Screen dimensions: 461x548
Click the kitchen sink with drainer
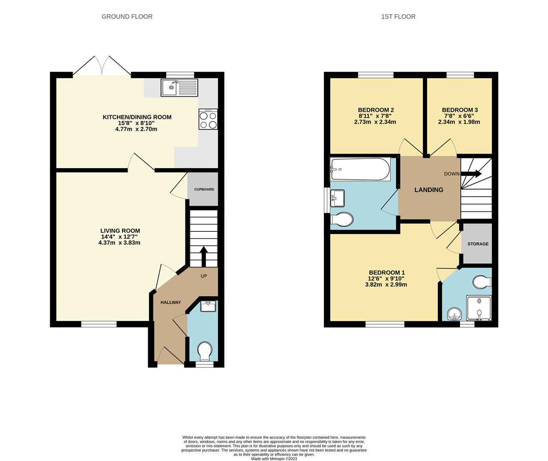(x=179, y=88)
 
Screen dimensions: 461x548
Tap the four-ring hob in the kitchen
(x=208, y=119)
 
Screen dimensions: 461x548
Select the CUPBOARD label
(x=204, y=190)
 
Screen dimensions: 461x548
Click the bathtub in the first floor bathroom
(x=360, y=169)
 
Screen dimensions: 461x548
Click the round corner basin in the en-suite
(x=454, y=315)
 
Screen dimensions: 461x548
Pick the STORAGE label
(x=478, y=244)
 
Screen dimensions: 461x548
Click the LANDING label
(x=429, y=190)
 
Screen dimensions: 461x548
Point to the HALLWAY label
(x=170, y=303)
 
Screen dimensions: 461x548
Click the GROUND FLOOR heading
(x=127, y=17)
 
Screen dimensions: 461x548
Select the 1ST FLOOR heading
(x=398, y=17)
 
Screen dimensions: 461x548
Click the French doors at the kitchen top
(x=102, y=67)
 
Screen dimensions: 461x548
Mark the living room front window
(x=99, y=324)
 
